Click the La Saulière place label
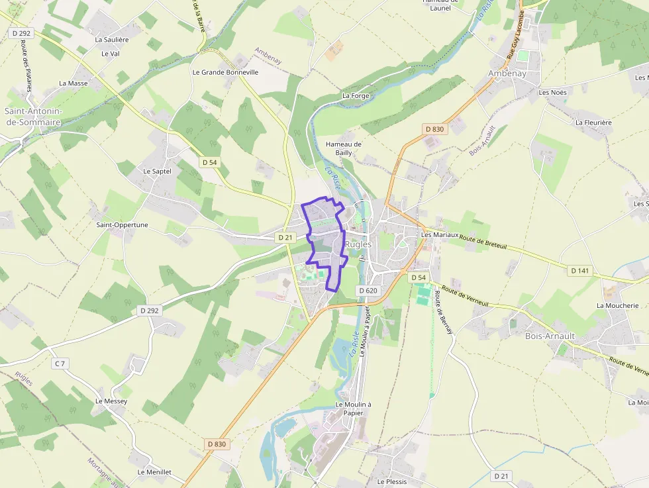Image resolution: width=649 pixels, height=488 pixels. tap(112, 40)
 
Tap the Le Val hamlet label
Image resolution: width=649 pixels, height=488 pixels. tap(110, 54)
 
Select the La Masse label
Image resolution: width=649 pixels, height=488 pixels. tap(73, 83)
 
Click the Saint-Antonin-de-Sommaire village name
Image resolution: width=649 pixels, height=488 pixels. tap(33, 117)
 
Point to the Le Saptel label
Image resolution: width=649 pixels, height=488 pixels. tap(157, 171)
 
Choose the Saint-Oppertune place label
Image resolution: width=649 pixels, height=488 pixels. tap(122, 225)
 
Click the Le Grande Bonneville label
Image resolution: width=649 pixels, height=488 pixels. tap(225, 72)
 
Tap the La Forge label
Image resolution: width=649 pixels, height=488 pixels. tap(355, 96)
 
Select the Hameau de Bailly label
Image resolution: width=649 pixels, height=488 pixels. tap(344, 148)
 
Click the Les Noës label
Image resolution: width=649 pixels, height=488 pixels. tap(552, 93)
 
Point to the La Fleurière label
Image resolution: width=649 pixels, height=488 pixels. tap(593, 122)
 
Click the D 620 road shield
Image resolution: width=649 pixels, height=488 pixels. tap(368, 291)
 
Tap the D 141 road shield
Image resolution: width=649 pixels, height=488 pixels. tap(579, 270)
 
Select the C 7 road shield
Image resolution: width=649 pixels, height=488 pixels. tap(60, 364)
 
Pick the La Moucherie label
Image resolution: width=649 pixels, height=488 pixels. tap(617, 306)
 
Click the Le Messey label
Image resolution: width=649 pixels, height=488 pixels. tap(111, 401)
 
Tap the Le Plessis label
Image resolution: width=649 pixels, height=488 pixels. tap(392, 481)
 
